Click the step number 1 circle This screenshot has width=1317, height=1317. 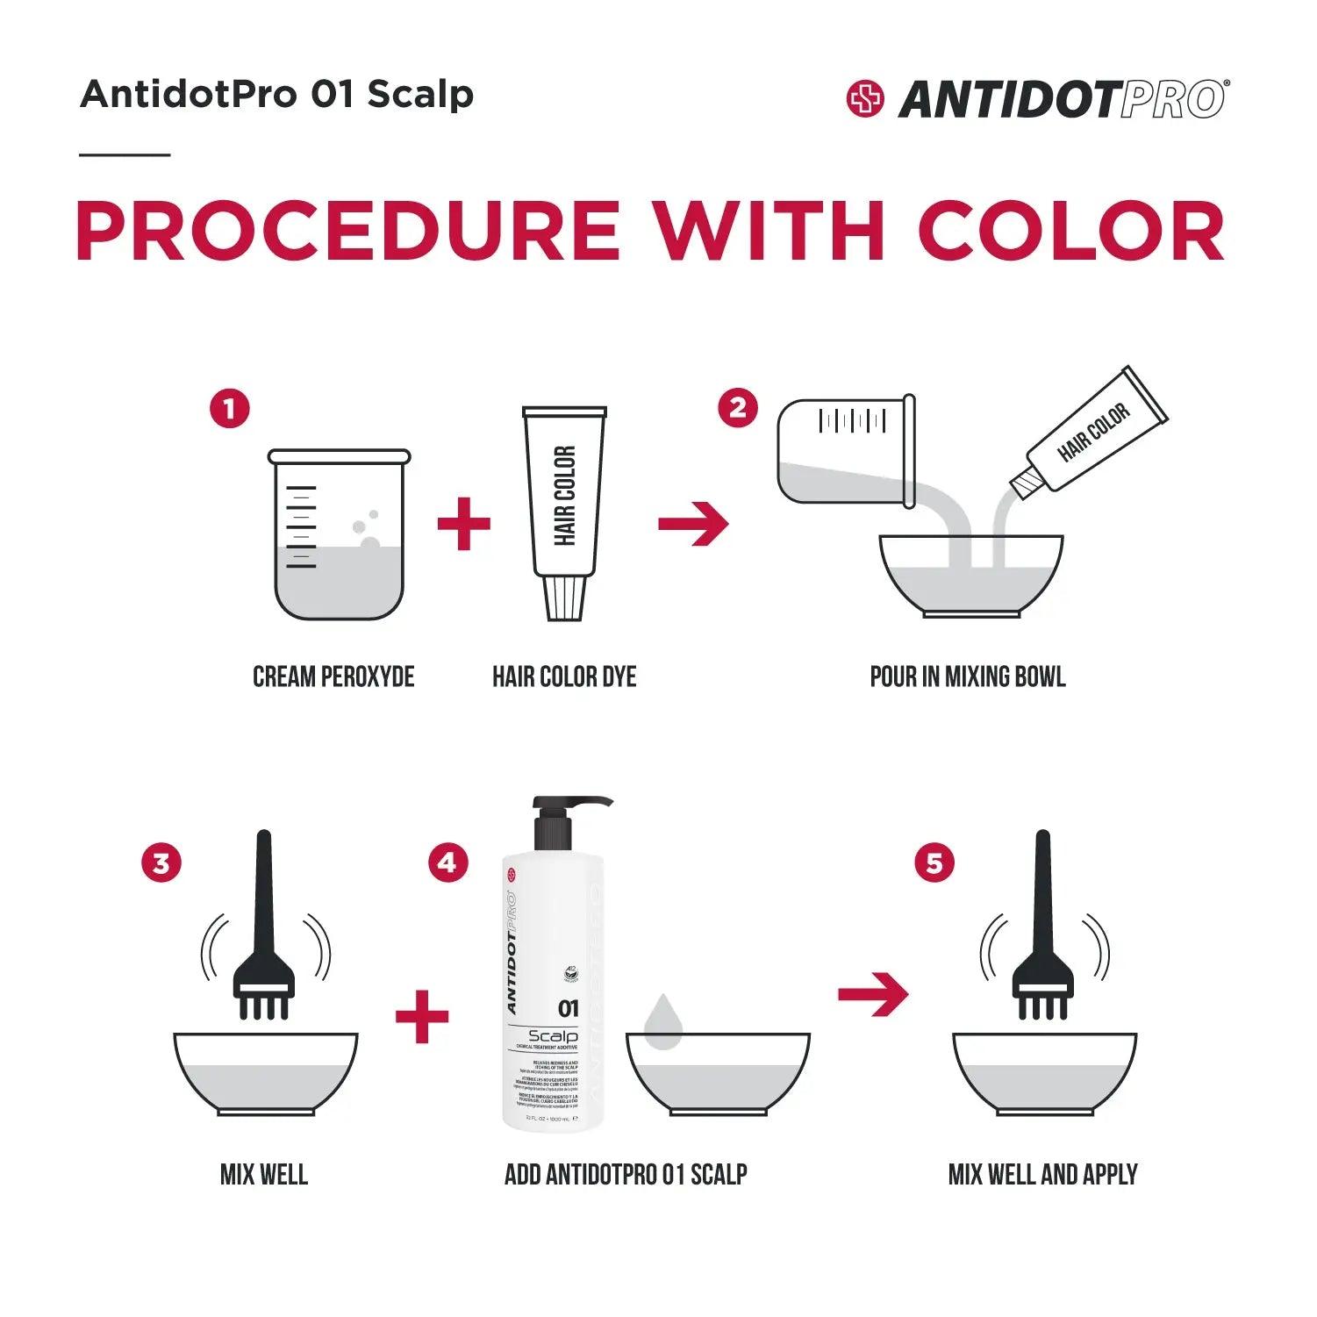coord(229,409)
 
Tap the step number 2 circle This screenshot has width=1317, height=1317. coord(737,408)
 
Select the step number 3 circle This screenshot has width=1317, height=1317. coord(161,863)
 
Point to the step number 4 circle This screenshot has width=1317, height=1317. coord(447,863)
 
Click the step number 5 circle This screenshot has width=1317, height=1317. coord(934,863)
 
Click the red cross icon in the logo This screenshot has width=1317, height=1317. coord(865,98)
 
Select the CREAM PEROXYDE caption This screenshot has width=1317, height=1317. coord(333,677)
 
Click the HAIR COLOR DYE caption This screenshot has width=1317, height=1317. coord(564,677)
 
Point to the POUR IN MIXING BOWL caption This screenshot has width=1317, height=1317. coord(968,677)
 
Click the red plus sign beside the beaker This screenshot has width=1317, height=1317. coord(464,524)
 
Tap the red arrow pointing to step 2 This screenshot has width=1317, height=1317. coord(693,524)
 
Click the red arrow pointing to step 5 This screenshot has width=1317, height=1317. coord(873,994)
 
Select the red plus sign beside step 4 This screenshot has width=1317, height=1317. coord(422,1017)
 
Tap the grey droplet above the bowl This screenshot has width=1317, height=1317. coord(662,1022)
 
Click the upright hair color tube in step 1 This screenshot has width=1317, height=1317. coord(564,509)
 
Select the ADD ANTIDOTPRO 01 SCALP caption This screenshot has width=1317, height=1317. coord(626,1175)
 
